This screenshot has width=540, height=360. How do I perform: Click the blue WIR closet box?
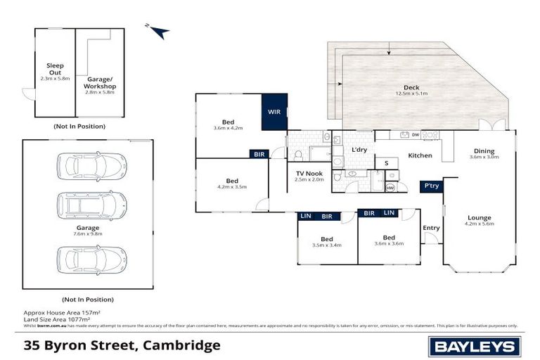pyautogui.click(x=274, y=112)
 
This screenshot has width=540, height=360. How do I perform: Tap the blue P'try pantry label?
pyautogui.click(x=430, y=186)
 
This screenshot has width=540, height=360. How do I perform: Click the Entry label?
pyautogui.click(x=431, y=228)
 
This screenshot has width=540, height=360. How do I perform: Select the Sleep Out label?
pyautogui.click(x=55, y=69)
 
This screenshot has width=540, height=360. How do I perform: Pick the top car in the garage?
pyautogui.click(x=91, y=166)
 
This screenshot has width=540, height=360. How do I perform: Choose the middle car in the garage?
pyautogui.click(x=91, y=206)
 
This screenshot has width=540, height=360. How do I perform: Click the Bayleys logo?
pyautogui.click(x=475, y=346)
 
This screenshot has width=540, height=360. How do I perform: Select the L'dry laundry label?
pyautogui.click(x=359, y=150)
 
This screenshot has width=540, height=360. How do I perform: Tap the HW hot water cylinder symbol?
pyautogui.click(x=391, y=187)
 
